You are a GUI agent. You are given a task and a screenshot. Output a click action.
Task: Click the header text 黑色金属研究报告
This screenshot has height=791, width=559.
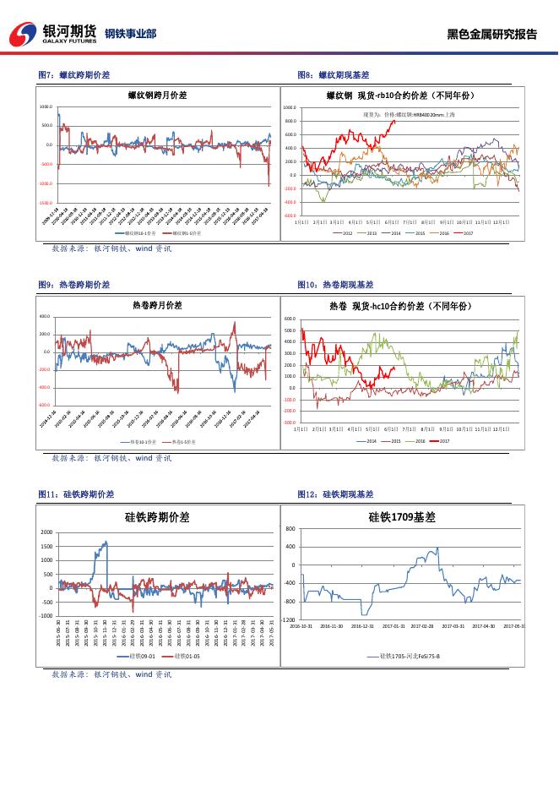tap(492, 35)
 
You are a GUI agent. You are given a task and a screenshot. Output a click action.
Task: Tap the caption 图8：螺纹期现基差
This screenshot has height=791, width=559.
tap(334, 75)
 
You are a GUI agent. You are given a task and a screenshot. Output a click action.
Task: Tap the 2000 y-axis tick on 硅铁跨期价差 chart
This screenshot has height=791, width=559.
tap(46, 532)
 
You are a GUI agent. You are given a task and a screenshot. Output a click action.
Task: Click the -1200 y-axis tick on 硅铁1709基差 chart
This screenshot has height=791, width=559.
tap(288, 619)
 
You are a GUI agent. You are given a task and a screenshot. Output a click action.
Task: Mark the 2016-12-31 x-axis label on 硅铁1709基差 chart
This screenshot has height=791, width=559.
tap(362, 626)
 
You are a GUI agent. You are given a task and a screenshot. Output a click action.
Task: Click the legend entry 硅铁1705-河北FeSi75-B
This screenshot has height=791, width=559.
tap(409, 656)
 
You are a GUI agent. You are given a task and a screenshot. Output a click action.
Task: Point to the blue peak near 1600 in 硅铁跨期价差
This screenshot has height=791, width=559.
tap(106, 543)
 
